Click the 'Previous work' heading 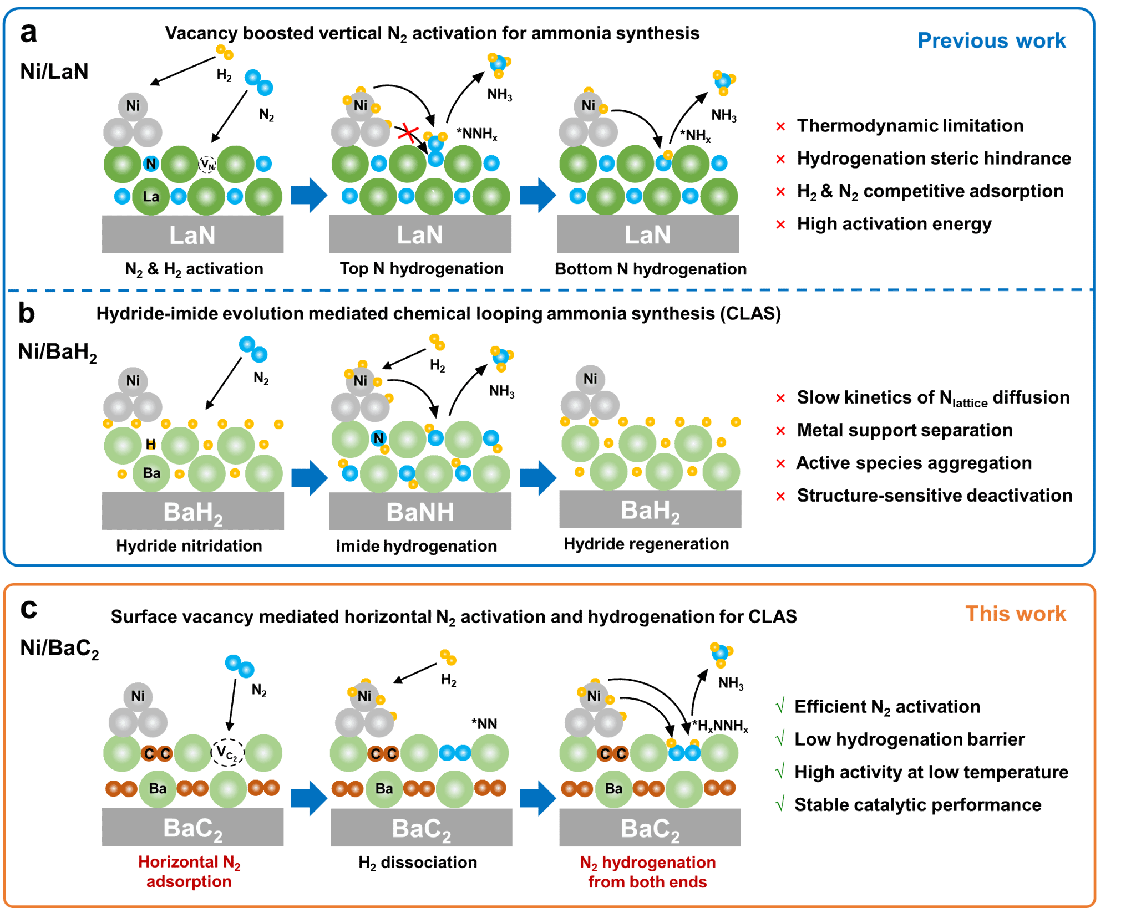[991, 40]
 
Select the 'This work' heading [1015, 614]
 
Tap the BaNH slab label [420, 512]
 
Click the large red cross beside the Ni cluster [409, 133]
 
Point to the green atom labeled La [151, 196]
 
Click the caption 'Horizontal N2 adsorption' [189, 871]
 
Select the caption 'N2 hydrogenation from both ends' [648, 872]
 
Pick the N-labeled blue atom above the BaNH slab [379, 438]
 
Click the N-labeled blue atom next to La [151, 164]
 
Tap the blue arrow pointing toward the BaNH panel [309, 477]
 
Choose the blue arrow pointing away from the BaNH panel [537, 477]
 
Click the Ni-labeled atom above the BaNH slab [361, 381]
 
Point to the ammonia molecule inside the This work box [721, 654]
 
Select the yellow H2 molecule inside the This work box [448, 657]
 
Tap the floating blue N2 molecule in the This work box [240, 666]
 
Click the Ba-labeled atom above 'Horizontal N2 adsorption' [158, 788]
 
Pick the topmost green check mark [780, 705]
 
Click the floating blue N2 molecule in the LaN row [259, 83]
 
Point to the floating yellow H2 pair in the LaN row [225, 52]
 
